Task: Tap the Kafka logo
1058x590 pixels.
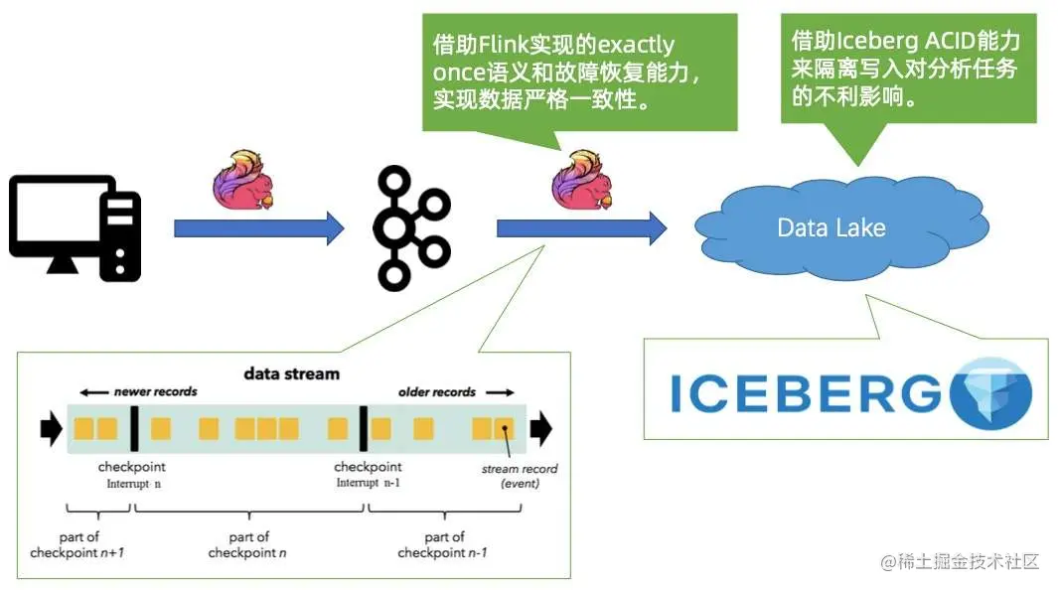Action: pos(411,227)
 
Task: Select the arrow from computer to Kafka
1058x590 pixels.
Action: pos(258,228)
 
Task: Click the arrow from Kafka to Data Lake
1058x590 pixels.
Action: pos(581,228)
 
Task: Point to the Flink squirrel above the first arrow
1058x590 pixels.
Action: pos(243,179)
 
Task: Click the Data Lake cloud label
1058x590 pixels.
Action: pos(831,227)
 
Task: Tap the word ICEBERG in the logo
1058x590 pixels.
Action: pos(805,393)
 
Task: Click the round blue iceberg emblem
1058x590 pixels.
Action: pos(990,393)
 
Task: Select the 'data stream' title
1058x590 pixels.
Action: pos(292,374)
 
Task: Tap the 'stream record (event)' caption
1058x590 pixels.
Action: pos(520,476)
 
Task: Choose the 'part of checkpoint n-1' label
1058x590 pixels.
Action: pos(442,544)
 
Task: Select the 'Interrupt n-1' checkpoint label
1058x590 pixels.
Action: pos(369,483)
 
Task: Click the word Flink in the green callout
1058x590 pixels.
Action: pos(508,46)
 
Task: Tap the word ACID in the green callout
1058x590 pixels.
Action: pos(928,42)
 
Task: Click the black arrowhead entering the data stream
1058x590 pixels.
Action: pos(50,429)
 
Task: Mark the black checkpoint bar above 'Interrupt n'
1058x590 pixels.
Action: pos(133,429)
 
